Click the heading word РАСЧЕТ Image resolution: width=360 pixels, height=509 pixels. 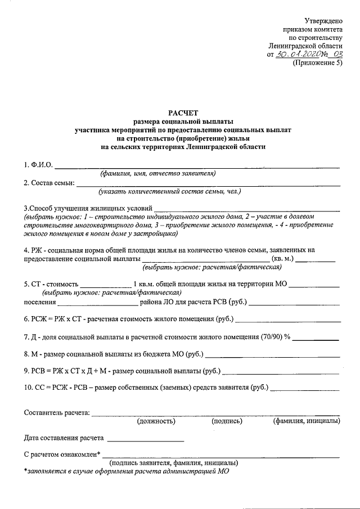coord(182,113)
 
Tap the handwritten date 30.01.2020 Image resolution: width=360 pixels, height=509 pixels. coord(301,55)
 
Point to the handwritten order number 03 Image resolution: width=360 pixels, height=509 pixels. coord(336,54)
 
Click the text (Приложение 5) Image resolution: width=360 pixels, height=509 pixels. coord(317,63)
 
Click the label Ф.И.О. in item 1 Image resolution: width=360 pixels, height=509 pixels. coord(38,165)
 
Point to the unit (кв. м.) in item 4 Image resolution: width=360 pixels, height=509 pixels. coord(283,258)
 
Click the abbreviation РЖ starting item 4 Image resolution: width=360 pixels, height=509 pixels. coord(36,250)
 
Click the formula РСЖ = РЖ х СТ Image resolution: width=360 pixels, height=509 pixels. coord(57,319)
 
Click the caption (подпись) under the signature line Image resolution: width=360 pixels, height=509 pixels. coord(227,421)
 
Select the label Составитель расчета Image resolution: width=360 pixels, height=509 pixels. coord(57,413)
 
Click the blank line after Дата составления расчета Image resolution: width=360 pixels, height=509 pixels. coord(145,438)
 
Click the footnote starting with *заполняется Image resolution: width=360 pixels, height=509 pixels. coord(127,471)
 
